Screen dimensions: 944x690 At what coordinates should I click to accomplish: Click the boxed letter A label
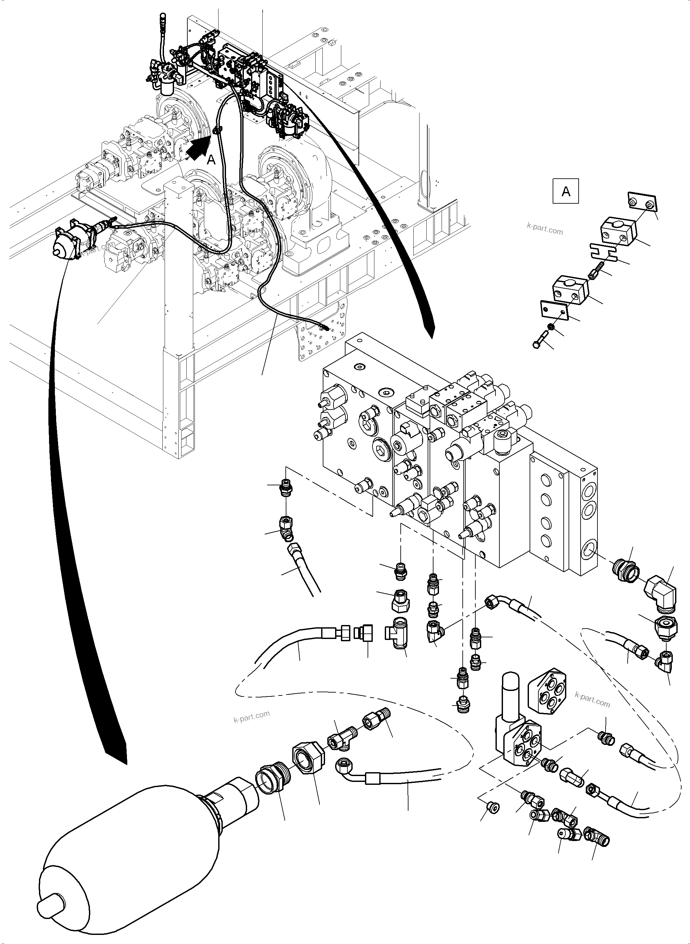point(566,191)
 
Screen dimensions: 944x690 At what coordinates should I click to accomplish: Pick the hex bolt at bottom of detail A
point(542,340)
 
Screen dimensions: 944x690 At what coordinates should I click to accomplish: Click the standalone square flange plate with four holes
point(547,693)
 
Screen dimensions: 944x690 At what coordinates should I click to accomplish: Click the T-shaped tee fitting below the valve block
point(396,644)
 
